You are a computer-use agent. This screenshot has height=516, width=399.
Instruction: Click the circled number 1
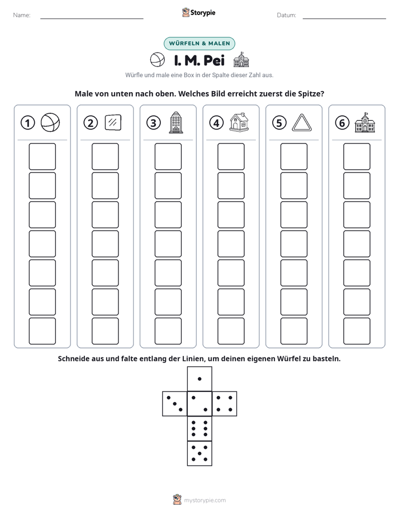tap(27, 123)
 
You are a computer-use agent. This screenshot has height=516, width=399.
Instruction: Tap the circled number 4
tap(216, 123)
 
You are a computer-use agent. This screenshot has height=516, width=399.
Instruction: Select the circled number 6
tap(342, 123)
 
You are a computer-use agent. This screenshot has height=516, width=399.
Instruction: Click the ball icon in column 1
tap(50, 122)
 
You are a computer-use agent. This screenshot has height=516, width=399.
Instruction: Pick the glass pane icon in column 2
tap(113, 122)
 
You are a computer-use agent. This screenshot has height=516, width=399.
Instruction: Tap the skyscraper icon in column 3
tap(176, 122)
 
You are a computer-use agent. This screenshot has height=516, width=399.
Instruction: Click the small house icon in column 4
tap(239, 122)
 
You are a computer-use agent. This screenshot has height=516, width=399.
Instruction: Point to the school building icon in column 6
tap(365, 122)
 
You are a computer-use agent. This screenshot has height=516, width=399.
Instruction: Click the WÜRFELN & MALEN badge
tap(199, 44)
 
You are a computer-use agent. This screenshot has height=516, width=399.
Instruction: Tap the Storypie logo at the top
tap(198, 12)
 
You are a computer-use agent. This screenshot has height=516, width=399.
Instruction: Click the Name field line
tap(92, 18)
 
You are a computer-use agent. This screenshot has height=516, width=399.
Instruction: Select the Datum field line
tap(344, 18)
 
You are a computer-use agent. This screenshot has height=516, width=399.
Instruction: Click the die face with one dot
tap(199, 379)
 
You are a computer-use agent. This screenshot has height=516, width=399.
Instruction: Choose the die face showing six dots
tap(199, 428)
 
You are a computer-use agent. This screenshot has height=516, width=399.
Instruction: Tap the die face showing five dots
tap(199, 453)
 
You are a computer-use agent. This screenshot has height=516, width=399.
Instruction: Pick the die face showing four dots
tap(225, 404)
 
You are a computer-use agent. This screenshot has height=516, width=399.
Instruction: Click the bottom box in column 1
tap(42, 331)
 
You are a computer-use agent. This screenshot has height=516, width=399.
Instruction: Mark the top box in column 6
tap(357, 156)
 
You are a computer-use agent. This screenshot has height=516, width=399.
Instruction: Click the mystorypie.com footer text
tap(205, 500)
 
